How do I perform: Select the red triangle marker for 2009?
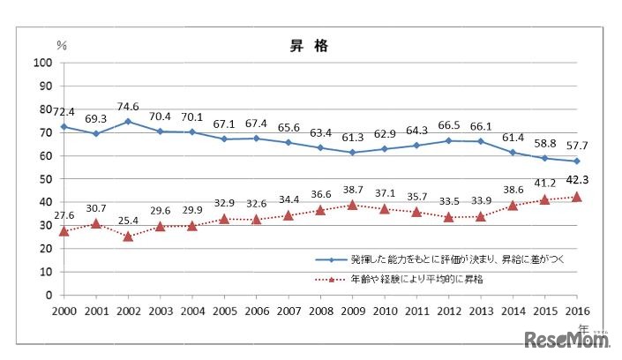point(352,205)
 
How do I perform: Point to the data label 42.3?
point(577,183)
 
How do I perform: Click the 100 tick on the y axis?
point(41,62)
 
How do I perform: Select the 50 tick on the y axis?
point(44,179)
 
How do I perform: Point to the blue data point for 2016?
point(577,161)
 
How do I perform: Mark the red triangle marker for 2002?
point(128,236)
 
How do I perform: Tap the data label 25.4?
point(128,221)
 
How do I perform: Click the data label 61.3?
point(352,138)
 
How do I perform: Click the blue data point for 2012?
point(448,140)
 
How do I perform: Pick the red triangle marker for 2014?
point(513,205)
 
